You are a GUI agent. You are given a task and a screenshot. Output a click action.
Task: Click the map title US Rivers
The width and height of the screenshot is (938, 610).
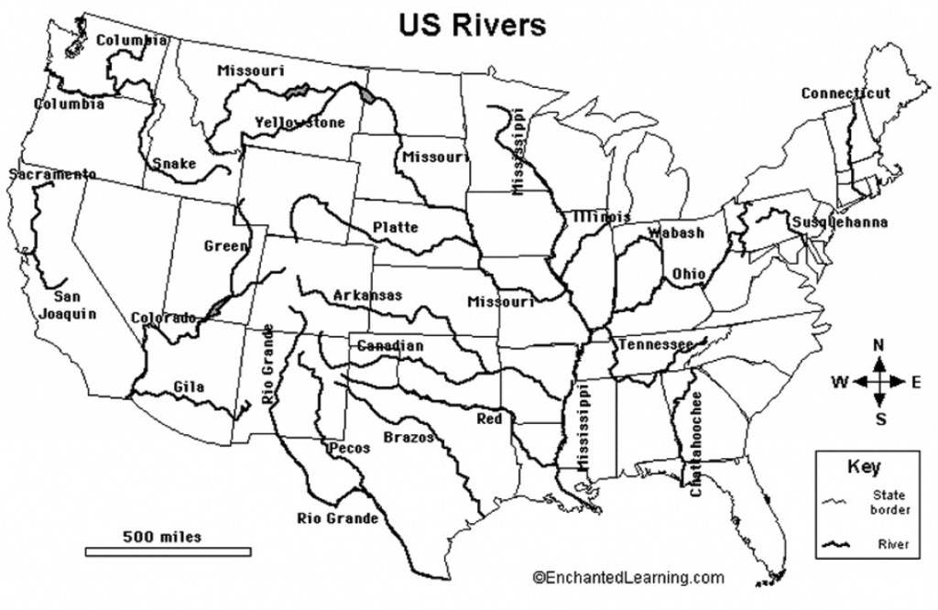472,24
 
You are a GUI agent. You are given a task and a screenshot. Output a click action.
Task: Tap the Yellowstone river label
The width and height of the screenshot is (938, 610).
300,122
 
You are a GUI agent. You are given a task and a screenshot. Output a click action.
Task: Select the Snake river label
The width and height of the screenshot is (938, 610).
174,163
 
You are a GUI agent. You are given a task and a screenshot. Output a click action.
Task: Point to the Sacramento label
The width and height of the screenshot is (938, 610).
52,174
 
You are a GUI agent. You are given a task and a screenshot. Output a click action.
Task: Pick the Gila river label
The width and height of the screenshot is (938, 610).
189,387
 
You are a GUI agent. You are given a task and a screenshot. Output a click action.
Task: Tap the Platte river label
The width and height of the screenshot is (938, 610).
395,227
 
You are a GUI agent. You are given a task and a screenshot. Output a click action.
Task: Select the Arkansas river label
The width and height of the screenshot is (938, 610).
367,295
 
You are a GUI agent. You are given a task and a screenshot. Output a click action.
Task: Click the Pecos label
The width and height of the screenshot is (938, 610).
349,448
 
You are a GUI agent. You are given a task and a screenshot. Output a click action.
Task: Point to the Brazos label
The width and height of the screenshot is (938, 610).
409,437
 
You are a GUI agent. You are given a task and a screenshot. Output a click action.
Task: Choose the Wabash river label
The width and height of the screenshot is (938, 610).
676,233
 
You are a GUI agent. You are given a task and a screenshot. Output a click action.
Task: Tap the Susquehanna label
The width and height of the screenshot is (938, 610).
840,222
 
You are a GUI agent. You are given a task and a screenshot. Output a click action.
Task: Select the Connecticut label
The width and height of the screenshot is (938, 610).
845,93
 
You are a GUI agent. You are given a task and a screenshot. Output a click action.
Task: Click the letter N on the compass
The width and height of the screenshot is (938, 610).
878,345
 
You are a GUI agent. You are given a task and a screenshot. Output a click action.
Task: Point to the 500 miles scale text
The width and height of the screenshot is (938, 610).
163,536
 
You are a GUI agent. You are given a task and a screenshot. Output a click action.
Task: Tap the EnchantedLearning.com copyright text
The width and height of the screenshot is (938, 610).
627,577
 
